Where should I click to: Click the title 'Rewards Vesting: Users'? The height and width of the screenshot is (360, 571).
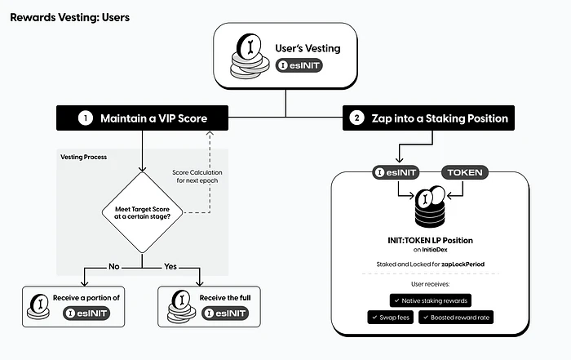(x=69, y=16)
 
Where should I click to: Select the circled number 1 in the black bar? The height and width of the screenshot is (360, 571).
(x=85, y=118)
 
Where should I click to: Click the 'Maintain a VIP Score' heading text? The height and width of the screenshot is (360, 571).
(x=153, y=118)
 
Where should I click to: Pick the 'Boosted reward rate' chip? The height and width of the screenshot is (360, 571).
(x=458, y=316)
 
